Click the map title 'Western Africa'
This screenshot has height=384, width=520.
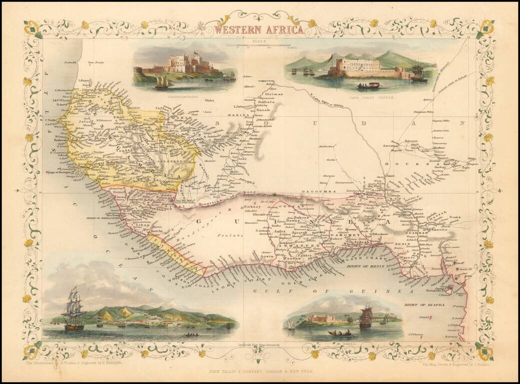259,29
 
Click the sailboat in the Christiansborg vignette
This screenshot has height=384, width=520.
163,82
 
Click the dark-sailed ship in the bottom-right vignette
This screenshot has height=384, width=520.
366,316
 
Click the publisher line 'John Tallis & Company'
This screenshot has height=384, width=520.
259,371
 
